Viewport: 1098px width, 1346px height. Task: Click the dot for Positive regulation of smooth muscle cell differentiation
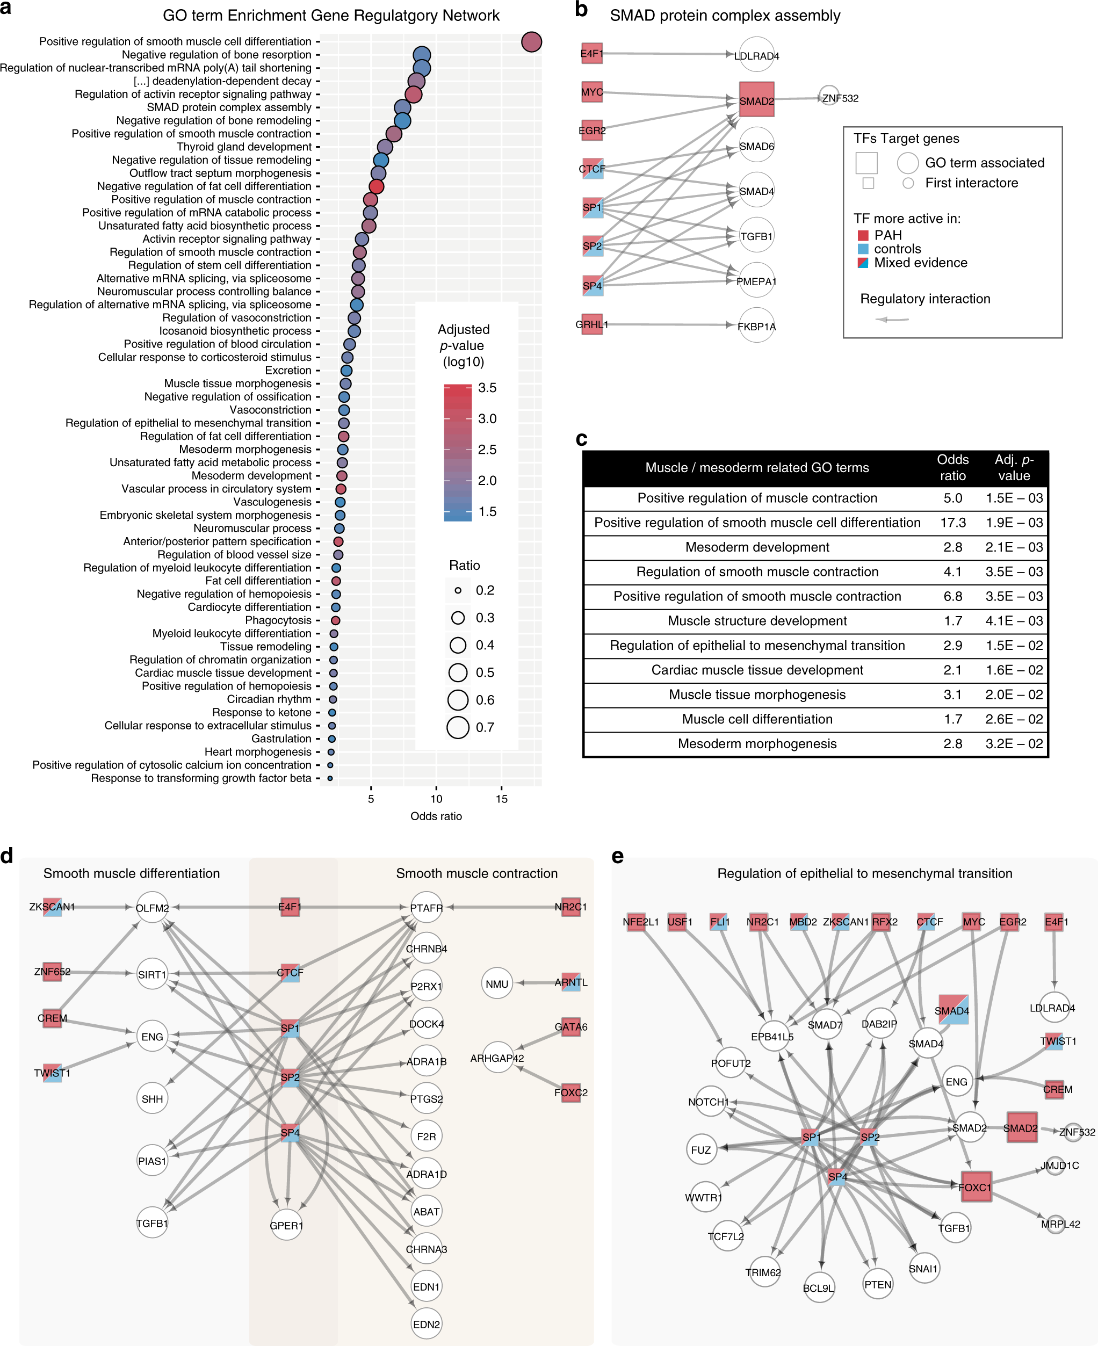531,42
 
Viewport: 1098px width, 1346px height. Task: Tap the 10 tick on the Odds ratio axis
436,798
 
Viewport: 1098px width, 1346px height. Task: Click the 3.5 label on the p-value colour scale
487,388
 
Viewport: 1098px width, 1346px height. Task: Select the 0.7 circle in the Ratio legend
458,727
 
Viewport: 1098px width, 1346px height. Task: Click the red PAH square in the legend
863,235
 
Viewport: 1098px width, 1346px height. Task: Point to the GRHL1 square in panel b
592,324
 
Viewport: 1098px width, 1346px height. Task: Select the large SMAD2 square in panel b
756,100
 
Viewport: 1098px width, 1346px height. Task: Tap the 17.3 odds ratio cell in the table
952,523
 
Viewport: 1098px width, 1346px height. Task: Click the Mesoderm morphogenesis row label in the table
757,744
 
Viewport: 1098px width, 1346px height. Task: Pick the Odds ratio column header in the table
952,467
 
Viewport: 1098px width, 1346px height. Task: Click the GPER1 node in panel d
286,1225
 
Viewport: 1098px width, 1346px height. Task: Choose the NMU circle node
497,983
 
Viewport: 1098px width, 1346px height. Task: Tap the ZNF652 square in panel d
53,972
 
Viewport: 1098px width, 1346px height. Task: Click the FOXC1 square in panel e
974,1187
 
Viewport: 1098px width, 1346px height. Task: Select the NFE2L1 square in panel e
635,922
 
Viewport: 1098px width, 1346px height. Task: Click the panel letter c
581,439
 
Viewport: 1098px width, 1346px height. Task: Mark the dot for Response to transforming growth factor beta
329,778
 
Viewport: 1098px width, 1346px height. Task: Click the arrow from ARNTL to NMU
538,983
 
